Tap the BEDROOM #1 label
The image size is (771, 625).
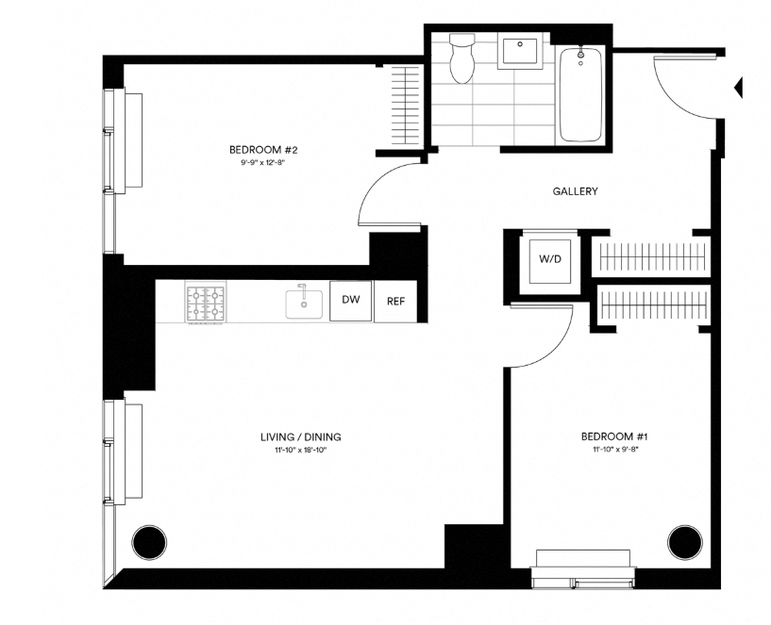pos(613,436)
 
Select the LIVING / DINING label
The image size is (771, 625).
pos(300,436)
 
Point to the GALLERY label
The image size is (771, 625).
pos(575,191)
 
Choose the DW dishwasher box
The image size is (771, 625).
pos(350,301)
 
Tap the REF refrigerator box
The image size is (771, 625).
pos(395,302)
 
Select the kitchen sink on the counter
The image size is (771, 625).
pos(304,303)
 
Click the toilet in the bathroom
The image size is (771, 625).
pos(462,58)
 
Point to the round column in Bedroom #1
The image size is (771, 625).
pos(685,541)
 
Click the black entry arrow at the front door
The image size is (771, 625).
pos(739,88)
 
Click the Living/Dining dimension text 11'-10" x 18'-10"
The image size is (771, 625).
pos(300,450)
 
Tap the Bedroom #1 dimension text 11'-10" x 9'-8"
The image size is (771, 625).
pos(613,450)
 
